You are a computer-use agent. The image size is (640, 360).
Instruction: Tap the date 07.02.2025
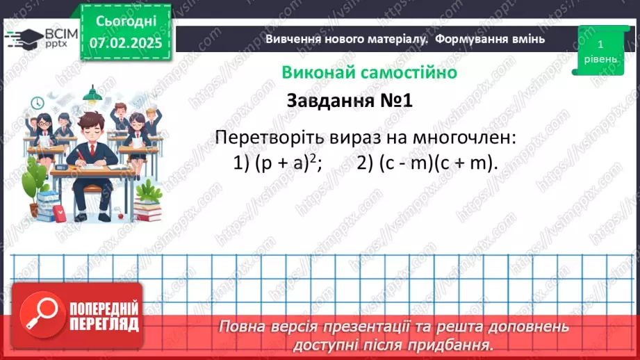tap(126, 43)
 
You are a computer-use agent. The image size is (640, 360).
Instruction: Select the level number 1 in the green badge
tap(600, 44)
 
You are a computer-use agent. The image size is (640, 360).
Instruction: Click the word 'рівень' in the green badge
tap(600, 59)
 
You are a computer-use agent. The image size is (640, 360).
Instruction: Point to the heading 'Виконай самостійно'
tap(369, 72)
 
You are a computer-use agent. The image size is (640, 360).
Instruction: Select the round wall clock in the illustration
tap(37, 103)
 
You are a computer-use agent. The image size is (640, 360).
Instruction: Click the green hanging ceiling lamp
tap(90, 94)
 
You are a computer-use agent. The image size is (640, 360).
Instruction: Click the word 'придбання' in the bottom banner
tap(459, 344)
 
